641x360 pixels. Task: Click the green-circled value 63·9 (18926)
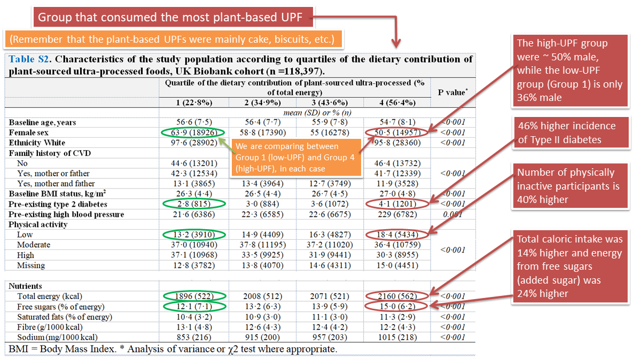[x=193, y=132]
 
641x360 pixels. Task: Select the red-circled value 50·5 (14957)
[x=396, y=132]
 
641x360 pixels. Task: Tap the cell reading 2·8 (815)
[x=193, y=204]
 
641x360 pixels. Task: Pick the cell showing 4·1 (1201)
[x=396, y=204]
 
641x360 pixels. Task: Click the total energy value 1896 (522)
[x=193, y=296]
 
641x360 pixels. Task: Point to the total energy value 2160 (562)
[x=396, y=296]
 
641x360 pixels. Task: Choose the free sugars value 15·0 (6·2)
[x=396, y=307]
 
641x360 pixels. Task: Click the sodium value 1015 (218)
[x=396, y=338]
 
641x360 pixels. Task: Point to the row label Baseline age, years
[x=42, y=122]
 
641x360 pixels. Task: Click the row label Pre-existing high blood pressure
[x=66, y=214]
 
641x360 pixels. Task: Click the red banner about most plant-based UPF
[x=174, y=17]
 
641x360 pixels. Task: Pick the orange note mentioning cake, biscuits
[x=174, y=39]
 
